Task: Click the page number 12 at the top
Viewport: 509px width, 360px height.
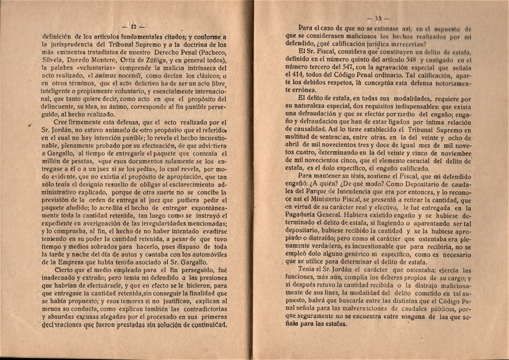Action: tap(133, 26)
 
